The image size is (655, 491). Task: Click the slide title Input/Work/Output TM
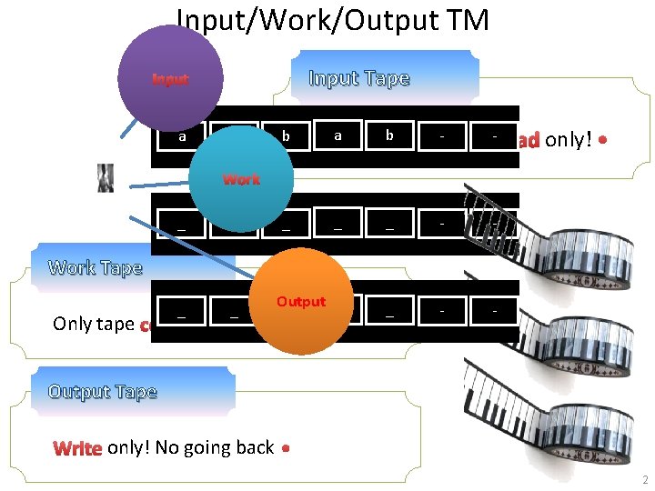[332, 19]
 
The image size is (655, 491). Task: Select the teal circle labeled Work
[241, 179]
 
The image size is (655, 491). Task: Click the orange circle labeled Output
[300, 302]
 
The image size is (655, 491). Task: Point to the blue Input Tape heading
[358, 78]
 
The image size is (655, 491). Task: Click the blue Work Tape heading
[96, 267]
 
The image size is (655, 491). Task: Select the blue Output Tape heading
[103, 391]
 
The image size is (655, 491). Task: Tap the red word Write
[78, 447]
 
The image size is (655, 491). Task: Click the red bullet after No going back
[286, 448]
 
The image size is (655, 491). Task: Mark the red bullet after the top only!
[603, 142]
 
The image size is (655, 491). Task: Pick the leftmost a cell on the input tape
[182, 136]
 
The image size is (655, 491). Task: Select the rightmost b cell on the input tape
[389, 135]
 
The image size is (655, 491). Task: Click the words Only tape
[94, 324]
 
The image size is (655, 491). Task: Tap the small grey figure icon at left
[106, 178]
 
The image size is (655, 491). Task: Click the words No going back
[215, 447]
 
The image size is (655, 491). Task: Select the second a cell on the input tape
[338, 135]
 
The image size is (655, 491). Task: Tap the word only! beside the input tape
[568, 141]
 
